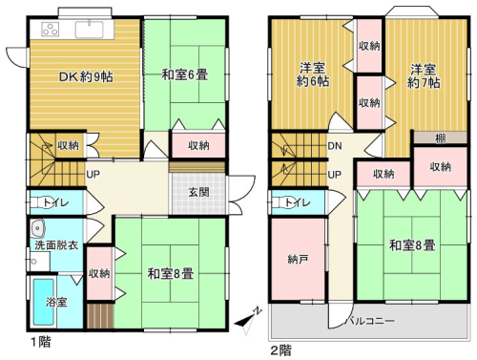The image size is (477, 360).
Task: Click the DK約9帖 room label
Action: [86, 77]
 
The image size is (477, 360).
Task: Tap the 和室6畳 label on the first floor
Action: [185, 75]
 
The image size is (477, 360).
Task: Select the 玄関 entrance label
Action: [199, 192]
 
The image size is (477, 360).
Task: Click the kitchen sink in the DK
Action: [89, 30]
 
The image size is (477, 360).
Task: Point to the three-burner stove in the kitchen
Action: [51, 29]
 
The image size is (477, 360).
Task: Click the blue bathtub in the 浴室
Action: [44, 302]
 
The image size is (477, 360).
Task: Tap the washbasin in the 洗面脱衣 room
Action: [38, 228]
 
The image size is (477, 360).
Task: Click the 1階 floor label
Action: [40, 342]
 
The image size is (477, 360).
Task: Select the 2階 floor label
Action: [280, 350]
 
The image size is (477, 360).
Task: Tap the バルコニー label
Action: [370, 321]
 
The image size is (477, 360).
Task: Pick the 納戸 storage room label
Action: [298, 260]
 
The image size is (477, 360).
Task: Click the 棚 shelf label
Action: [440, 138]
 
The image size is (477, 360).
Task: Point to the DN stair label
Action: [335, 146]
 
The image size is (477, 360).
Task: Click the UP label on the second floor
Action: [335, 175]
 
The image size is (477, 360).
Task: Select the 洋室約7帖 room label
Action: [424, 76]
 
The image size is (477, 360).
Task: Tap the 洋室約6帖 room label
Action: [313, 74]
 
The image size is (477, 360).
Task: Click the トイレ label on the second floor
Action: [298, 202]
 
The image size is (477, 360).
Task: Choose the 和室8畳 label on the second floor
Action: [412, 245]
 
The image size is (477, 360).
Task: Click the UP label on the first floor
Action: [93, 174]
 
